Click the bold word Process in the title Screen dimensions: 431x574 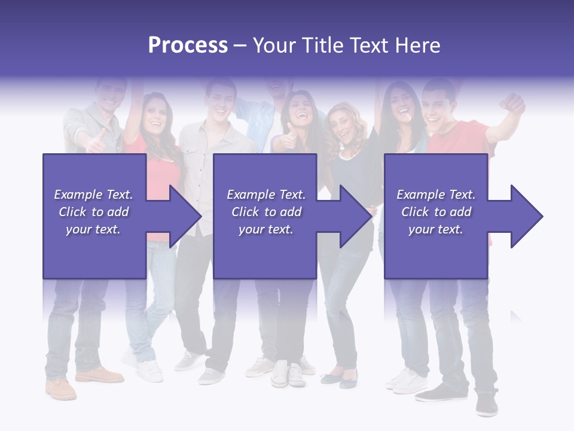pos(188,45)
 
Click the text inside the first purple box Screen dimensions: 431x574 pos(93,212)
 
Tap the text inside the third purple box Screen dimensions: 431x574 pos(436,212)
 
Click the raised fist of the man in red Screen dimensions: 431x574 pos(514,104)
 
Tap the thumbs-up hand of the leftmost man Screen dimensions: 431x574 pos(95,143)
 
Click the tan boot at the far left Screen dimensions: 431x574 pos(62,388)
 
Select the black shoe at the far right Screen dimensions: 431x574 pos(487,405)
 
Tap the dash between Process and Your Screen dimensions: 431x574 pos(240,45)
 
